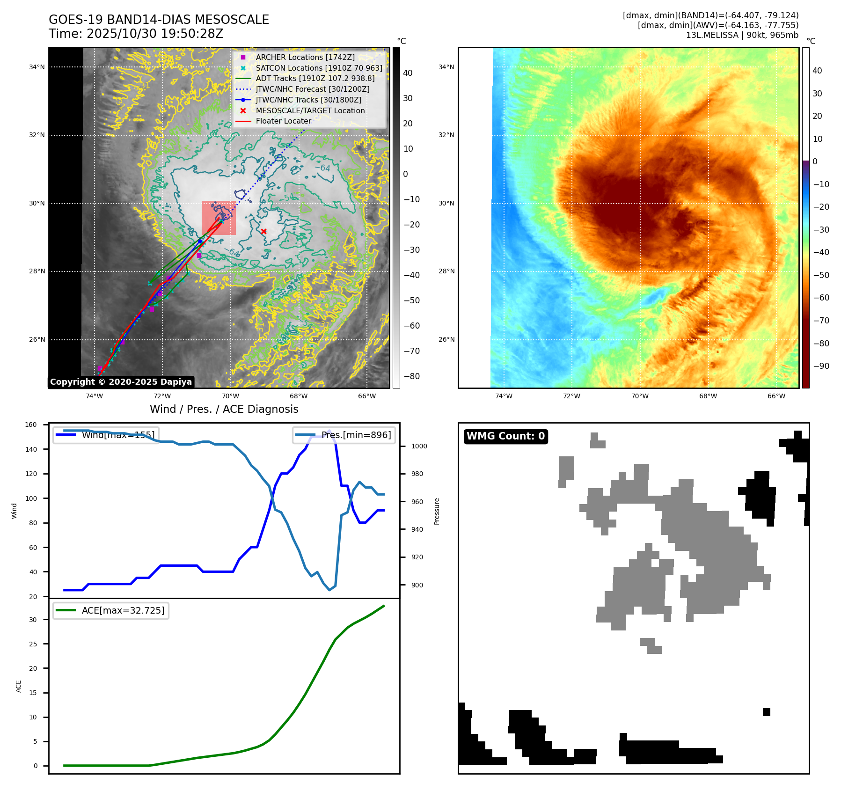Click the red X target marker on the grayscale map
[263, 231]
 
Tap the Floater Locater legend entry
[283, 121]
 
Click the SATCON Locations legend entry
[319, 68]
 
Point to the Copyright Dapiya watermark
[121, 382]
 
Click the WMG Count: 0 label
[505, 436]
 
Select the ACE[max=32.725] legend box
[111, 610]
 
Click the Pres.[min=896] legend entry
[344, 435]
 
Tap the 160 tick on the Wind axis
[31, 425]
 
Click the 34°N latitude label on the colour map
[446, 67]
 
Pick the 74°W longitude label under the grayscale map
[94, 396]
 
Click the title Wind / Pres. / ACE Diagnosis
[224, 409]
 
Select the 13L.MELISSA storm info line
[742, 35]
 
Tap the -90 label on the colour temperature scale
[821, 366]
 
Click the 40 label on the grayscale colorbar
[408, 73]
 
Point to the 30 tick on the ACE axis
[33, 620]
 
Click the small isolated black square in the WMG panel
[766, 712]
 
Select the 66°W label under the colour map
[776, 396]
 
